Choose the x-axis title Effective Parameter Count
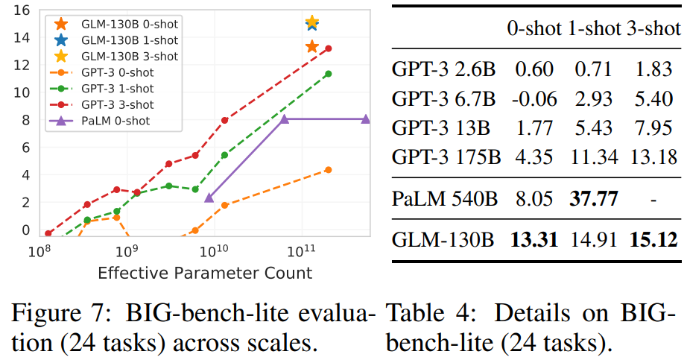tap(205, 273)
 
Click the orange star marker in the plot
tap(312, 47)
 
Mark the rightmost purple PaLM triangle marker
tap(365, 119)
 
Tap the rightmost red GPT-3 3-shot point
tap(328, 48)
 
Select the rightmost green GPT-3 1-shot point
tap(328, 73)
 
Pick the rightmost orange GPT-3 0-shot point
tap(328, 170)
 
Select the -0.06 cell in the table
tap(532, 98)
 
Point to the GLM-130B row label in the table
tap(443, 240)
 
